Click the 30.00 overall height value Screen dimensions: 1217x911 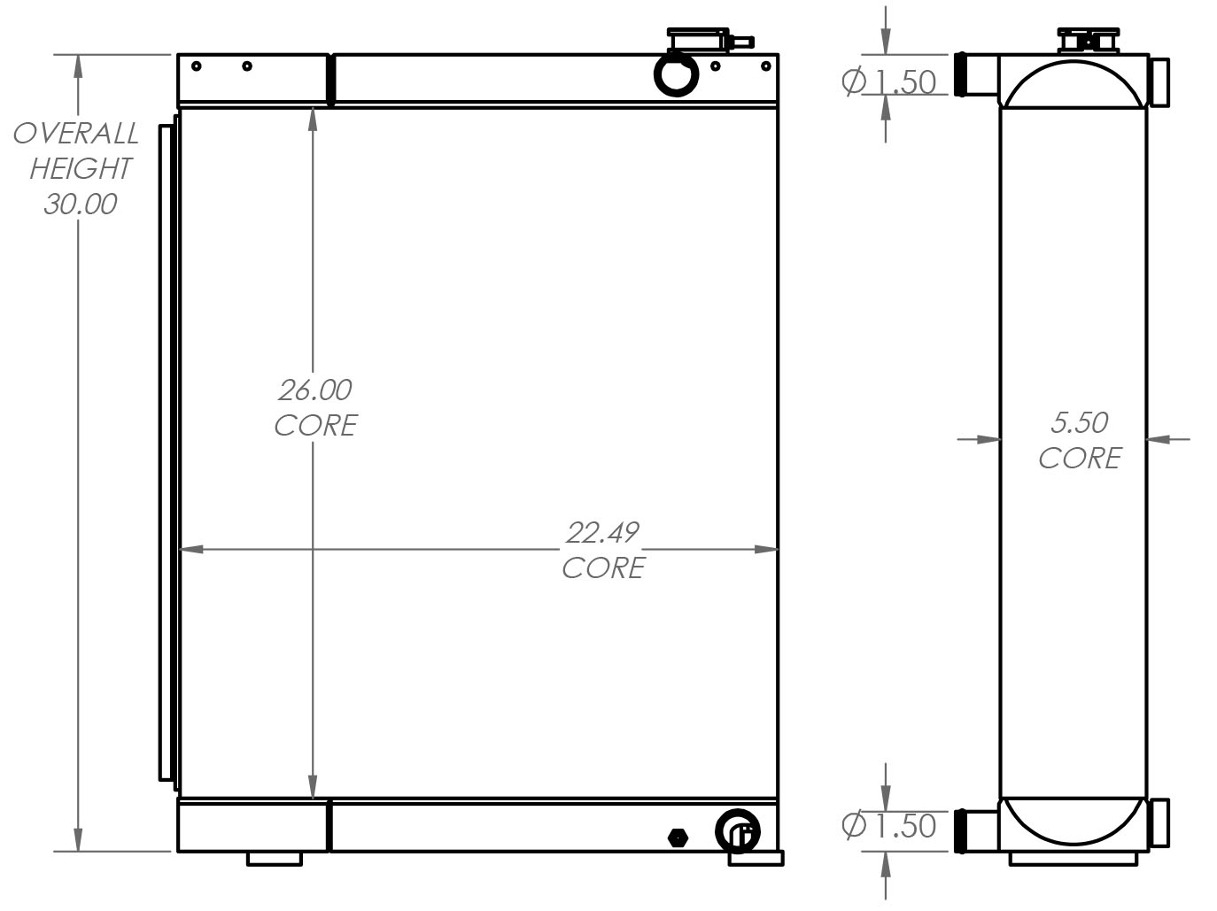(81, 204)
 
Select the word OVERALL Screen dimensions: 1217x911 (76, 134)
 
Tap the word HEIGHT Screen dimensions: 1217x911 (81, 168)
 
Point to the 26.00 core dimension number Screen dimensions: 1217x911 (314, 390)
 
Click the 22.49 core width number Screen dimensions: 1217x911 (602, 533)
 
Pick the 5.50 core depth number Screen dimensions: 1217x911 (1079, 423)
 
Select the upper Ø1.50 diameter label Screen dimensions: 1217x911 (888, 82)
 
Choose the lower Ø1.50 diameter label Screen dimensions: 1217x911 (888, 826)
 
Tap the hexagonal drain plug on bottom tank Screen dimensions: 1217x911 (678, 838)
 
